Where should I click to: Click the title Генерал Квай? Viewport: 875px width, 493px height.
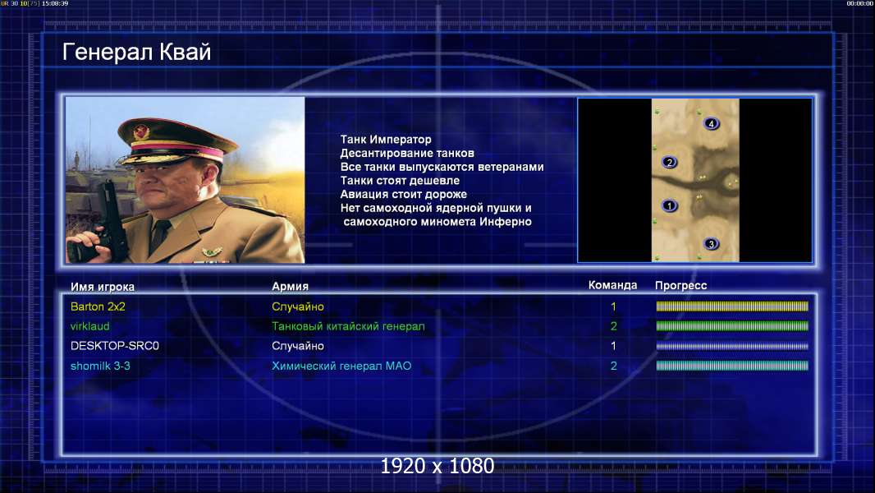[x=137, y=53]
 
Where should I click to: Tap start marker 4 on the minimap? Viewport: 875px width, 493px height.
[x=711, y=123]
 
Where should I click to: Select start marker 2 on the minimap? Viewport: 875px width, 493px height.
[x=670, y=163]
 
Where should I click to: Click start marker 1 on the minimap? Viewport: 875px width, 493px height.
[x=670, y=206]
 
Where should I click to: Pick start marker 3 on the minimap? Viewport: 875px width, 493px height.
[x=711, y=244]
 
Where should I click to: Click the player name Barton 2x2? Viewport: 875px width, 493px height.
[x=98, y=306]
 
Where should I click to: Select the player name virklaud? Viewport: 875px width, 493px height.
[x=89, y=326]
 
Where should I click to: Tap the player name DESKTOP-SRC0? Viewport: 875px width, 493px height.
[x=114, y=346]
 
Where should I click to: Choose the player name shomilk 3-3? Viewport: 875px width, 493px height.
[x=100, y=366]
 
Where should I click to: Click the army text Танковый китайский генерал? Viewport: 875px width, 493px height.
[x=348, y=326]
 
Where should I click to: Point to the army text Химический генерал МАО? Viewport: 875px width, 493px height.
[x=341, y=366]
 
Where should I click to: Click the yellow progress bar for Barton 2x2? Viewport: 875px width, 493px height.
[x=732, y=306]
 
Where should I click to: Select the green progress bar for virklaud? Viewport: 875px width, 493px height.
[x=732, y=326]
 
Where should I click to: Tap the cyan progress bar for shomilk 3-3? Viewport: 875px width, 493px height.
[x=732, y=366]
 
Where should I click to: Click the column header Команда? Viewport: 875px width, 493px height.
[x=612, y=285]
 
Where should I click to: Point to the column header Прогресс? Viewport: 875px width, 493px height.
[x=680, y=286]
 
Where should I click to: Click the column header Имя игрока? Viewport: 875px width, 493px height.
[x=102, y=287]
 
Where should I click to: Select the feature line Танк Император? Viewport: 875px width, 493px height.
[x=386, y=140]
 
